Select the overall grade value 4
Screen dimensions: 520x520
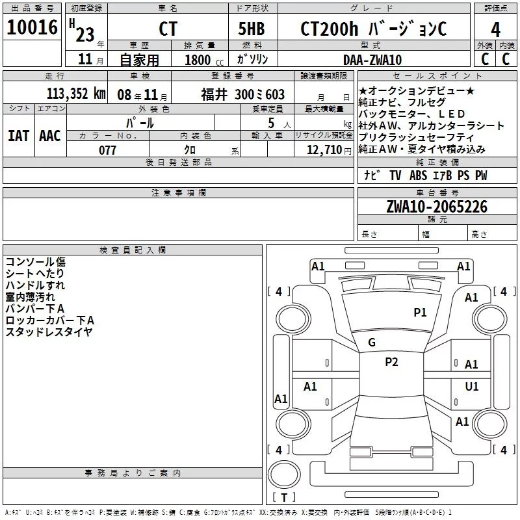(495, 30)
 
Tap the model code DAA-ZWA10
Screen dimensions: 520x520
(372, 60)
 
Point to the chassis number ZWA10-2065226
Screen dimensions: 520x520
(436, 207)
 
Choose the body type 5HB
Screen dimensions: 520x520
(253, 29)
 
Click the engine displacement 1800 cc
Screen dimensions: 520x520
(200, 60)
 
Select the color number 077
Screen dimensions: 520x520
(108, 150)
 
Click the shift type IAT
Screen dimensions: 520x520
(18, 135)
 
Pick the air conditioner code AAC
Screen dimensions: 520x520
(50, 135)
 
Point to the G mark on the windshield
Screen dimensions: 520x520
(372, 343)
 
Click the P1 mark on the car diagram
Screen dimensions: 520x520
(421, 313)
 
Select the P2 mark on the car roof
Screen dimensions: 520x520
(391, 362)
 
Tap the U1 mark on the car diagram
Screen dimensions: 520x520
(472, 387)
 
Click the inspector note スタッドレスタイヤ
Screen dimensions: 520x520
(49, 332)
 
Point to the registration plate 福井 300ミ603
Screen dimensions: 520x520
(242, 94)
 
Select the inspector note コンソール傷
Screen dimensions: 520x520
(36, 262)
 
